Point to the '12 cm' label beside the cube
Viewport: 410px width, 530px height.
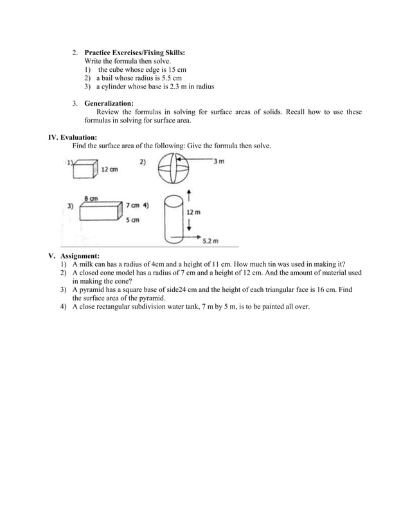coord(109,170)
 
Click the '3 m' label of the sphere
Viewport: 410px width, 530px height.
coord(218,161)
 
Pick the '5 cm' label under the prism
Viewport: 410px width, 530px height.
coord(133,219)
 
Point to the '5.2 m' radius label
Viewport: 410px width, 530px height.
coord(211,241)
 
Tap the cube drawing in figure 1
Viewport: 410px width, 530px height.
coord(84,170)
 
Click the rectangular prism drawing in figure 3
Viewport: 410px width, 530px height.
coord(100,210)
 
